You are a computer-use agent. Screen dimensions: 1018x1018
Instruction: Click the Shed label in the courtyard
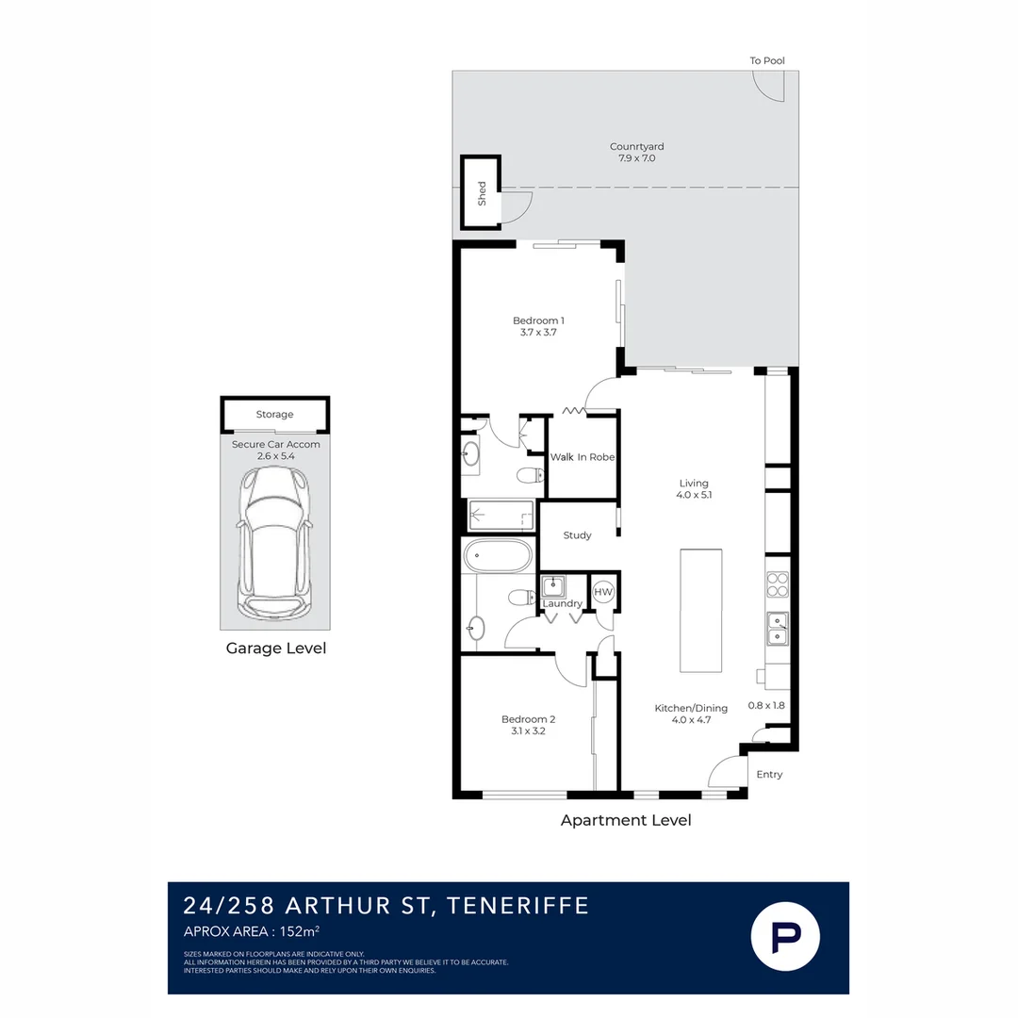pyautogui.click(x=482, y=193)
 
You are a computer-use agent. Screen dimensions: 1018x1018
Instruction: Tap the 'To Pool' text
pyautogui.click(x=766, y=60)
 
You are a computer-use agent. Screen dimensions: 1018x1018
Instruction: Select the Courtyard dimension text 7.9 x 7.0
pyautogui.click(x=636, y=157)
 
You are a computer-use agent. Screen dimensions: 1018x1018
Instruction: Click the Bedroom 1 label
pyautogui.click(x=538, y=320)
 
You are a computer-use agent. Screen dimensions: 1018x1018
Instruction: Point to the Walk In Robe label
pyautogui.click(x=583, y=457)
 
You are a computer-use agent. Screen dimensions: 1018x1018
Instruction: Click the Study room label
pyautogui.click(x=577, y=535)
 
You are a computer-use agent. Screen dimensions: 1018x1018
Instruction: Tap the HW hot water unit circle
pyautogui.click(x=603, y=591)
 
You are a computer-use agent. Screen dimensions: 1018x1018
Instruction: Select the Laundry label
pyautogui.click(x=562, y=603)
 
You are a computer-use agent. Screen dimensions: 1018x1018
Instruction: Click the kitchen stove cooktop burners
pyautogui.click(x=777, y=583)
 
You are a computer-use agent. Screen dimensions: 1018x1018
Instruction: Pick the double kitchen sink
pyautogui.click(x=777, y=629)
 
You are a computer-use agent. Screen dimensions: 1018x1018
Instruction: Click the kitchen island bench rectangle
pyautogui.click(x=700, y=610)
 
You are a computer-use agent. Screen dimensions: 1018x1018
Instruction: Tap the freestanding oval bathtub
pyautogui.click(x=498, y=556)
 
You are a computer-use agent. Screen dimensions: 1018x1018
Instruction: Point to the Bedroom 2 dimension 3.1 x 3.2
pyautogui.click(x=528, y=731)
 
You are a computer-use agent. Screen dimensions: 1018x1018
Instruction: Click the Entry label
pyautogui.click(x=769, y=774)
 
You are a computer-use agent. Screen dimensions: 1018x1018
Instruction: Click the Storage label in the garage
pyautogui.click(x=274, y=414)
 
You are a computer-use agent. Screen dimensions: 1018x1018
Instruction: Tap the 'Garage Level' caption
pyautogui.click(x=276, y=648)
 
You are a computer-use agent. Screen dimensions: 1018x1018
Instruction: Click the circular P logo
pyautogui.click(x=785, y=936)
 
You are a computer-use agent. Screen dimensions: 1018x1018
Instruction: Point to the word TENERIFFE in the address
pyautogui.click(x=518, y=905)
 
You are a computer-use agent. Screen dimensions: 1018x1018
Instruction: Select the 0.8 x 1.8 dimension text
pyautogui.click(x=766, y=705)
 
